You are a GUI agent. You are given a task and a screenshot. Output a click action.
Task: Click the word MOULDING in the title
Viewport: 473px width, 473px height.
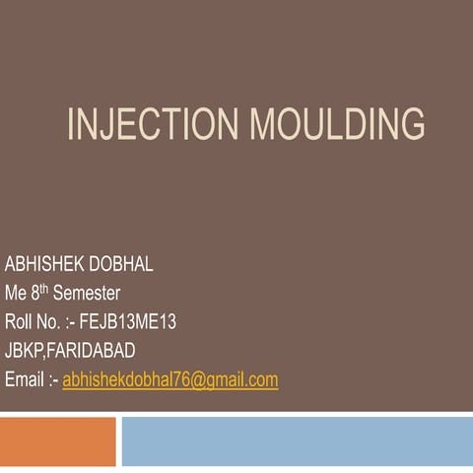(x=337, y=125)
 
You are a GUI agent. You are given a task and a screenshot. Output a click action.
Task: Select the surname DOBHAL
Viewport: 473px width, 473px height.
(x=120, y=265)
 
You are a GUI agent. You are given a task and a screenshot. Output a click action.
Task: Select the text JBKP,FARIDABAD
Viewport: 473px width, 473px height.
(x=70, y=351)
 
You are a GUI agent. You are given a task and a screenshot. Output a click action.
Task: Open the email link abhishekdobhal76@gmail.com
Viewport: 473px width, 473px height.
(x=169, y=379)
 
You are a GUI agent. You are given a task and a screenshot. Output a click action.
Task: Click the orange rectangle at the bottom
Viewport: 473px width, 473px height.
(x=57, y=441)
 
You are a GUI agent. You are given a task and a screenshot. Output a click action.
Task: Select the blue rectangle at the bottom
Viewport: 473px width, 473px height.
(x=296, y=441)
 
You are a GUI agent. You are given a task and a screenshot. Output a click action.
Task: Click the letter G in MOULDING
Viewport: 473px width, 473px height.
(x=412, y=125)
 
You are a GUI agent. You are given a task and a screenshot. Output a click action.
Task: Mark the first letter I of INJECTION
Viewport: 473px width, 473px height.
(x=71, y=125)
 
